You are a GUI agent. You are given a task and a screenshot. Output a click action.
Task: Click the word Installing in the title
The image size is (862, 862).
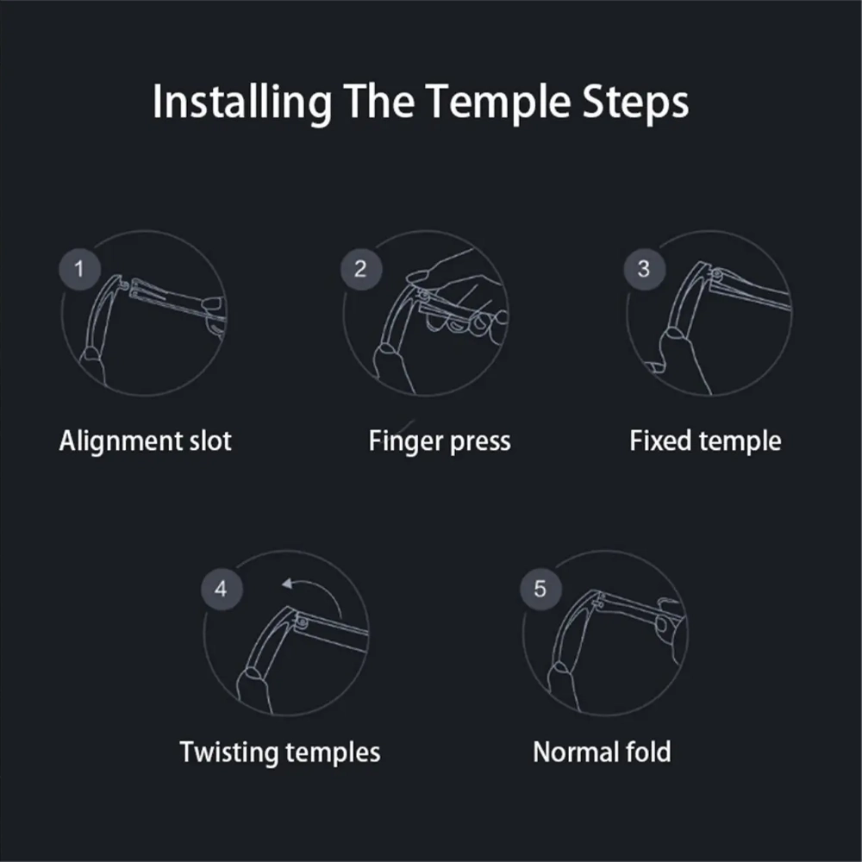[242, 103]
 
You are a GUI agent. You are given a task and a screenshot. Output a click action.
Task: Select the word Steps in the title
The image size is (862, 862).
[635, 103]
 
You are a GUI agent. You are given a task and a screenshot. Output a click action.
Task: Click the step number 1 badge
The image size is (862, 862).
[79, 269]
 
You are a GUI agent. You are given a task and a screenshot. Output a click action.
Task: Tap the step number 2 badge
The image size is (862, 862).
[360, 269]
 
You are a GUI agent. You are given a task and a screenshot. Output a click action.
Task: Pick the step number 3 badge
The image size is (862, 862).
[644, 269]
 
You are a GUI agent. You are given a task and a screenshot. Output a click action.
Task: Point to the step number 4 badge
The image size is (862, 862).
[222, 589]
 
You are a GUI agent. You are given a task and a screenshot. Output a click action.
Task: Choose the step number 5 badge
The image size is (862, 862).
[540, 589]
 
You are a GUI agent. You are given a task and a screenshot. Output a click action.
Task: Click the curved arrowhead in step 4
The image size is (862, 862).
[286, 584]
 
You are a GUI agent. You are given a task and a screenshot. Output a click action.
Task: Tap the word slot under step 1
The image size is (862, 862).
[210, 440]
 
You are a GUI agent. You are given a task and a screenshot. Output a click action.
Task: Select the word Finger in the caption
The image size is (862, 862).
[406, 441]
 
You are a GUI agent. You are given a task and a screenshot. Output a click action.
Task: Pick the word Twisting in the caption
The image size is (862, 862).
[228, 753]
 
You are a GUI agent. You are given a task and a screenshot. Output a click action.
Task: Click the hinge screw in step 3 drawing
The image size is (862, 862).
[717, 273]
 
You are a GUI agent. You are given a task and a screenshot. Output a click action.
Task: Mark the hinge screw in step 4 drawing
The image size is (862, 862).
[302, 622]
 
